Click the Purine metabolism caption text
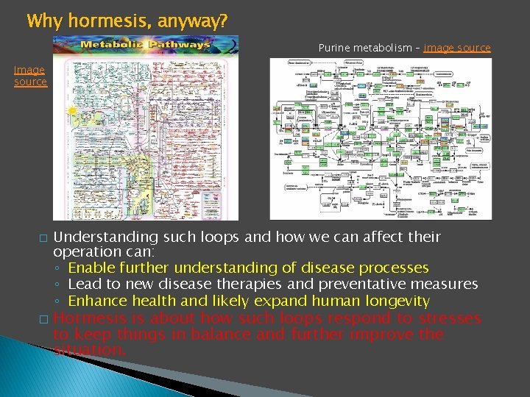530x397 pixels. point(365,48)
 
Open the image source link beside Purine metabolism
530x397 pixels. point(457,48)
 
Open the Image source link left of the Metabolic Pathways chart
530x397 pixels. point(29,76)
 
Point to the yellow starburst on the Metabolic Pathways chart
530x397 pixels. point(72,112)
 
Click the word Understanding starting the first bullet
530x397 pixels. point(105,237)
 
